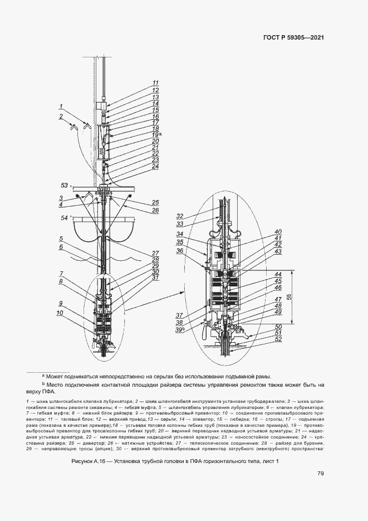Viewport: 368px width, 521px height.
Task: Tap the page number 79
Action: click(x=321, y=474)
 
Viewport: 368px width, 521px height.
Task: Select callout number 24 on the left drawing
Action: click(x=155, y=166)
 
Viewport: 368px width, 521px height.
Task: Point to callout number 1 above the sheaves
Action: click(x=61, y=106)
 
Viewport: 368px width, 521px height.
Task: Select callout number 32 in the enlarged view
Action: click(x=180, y=216)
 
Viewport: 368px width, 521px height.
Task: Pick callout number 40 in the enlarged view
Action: click(x=278, y=232)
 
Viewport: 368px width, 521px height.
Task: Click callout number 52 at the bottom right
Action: click(x=278, y=339)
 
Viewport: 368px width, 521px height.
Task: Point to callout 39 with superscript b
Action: click(x=180, y=330)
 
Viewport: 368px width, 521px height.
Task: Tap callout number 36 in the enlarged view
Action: click(x=180, y=250)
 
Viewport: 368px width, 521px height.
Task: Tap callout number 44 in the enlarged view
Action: click(x=278, y=274)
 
